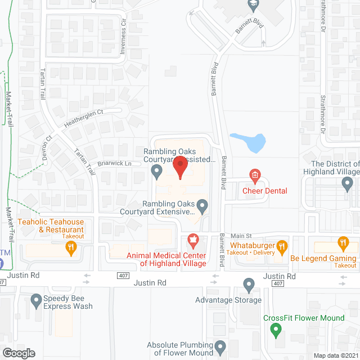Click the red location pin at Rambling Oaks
[180, 167]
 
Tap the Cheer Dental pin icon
[255, 175]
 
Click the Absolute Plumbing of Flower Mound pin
[220, 346]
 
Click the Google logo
[19, 353]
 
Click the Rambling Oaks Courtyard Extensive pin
[204, 207]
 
